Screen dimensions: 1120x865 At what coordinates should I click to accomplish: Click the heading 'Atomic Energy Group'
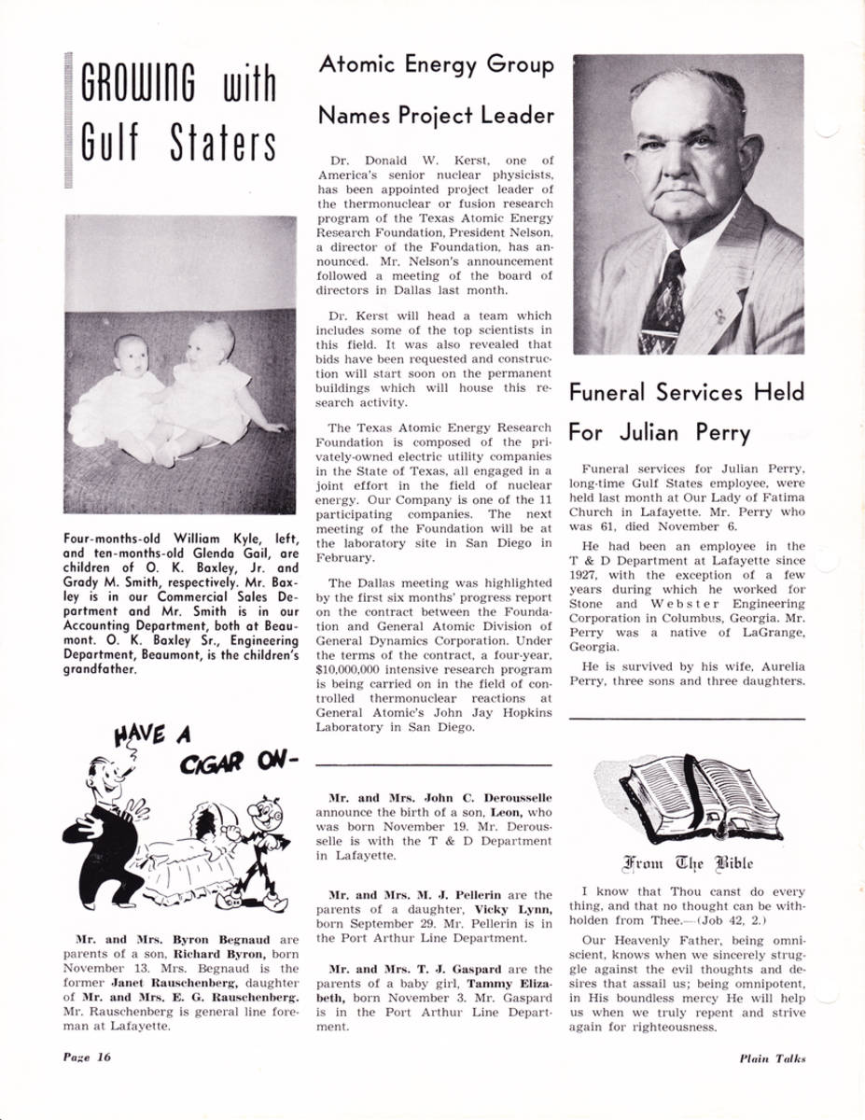click(x=436, y=65)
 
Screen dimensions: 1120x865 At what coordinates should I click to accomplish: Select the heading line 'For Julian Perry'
click(x=659, y=433)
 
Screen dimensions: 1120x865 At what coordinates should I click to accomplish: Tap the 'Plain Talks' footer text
click(x=772, y=1057)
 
